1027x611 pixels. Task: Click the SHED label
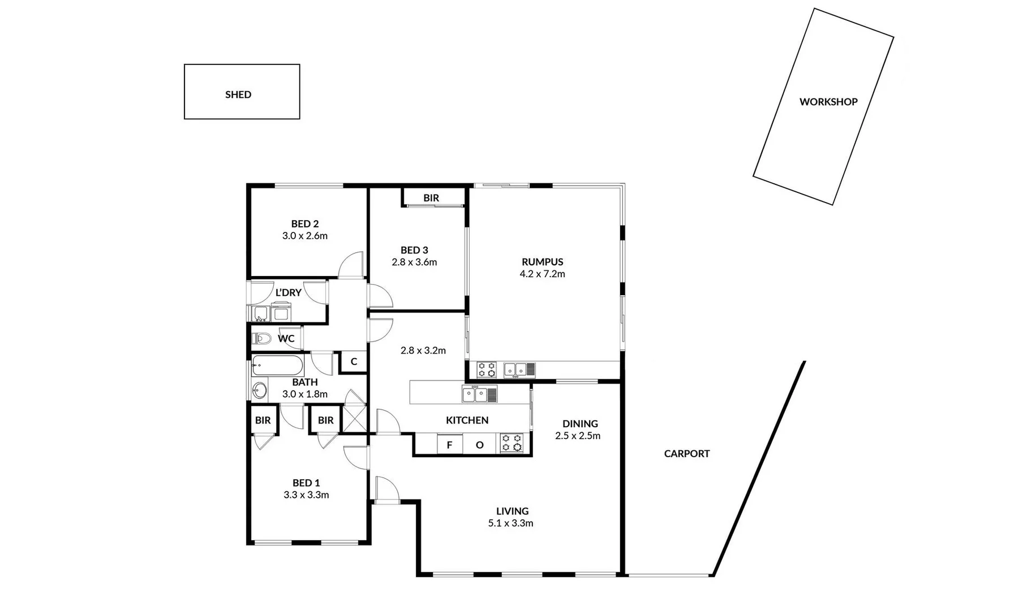click(x=238, y=94)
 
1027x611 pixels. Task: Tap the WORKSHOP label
click(x=828, y=102)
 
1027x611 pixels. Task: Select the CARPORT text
click(x=686, y=453)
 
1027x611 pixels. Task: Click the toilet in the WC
click(x=262, y=338)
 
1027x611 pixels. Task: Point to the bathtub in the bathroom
click(x=277, y=365)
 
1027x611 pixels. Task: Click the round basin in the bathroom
click(x=260, y=390)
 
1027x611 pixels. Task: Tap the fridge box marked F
click(x=450, y=445)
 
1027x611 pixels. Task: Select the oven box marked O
click(x=479, y=445)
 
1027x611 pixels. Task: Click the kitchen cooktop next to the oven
click(x=512, y=443)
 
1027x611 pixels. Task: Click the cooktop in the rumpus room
click(x=486, y=369)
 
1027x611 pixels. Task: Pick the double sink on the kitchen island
click(x=480, y=394)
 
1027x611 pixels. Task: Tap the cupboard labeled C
click(x=354, y=362)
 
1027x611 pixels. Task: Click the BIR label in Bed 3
click(x=431, y=198)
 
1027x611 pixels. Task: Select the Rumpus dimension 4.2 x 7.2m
click(x=542, y=274)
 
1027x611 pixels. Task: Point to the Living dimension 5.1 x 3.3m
click(x=510, y=523)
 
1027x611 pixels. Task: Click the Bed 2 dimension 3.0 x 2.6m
click(x=305, y=236)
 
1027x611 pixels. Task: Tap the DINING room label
click(x=580, y=423)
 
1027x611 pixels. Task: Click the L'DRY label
click(x=288, y=292)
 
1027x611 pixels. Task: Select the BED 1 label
click(x=306, y=483)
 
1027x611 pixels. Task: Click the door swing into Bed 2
click(x=353, y=265)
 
